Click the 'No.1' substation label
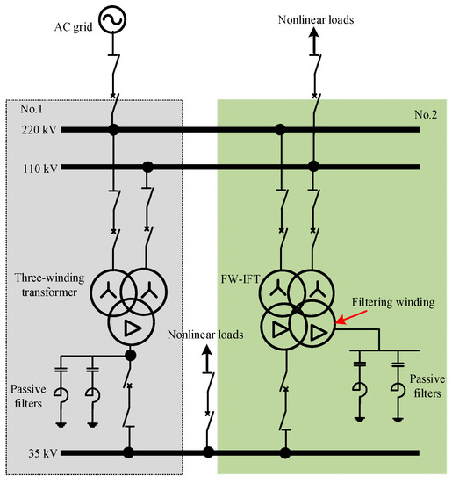pyautogui.click(x=32, y=110)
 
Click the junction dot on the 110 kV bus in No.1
pyautogui.click(x=147, y=165)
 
